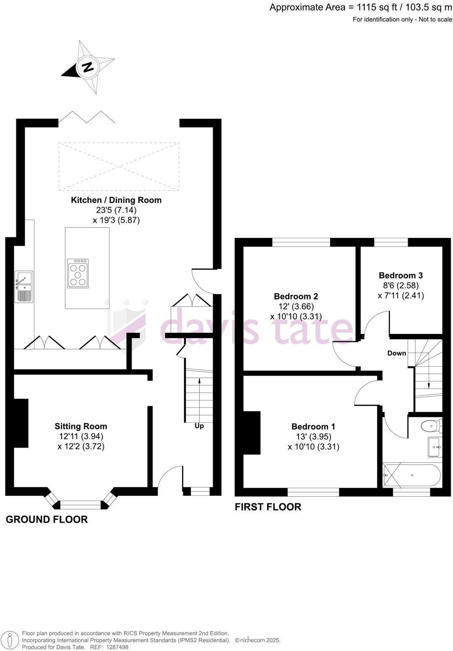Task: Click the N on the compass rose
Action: [88, 68]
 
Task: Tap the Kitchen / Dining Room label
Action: [116, 200]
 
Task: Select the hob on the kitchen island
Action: [78, 273]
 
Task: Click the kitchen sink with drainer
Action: [24, 286]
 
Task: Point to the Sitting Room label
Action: [81, 426]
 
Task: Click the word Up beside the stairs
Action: [199, 426]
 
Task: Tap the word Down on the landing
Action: [396, 353]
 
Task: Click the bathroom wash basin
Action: [434, 447]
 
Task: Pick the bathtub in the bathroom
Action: [412, 475]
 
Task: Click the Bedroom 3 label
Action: [401, 276]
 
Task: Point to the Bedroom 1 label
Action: [313, 427]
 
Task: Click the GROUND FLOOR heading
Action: [47, 519]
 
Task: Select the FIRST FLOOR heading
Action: [268, 507]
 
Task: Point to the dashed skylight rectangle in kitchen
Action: [119, 167]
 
